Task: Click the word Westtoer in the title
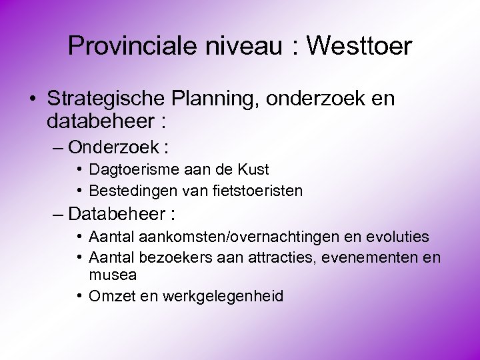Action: coord(361,46)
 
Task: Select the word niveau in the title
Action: coord(247,46)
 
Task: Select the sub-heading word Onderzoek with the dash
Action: coord(114,146)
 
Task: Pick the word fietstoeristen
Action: coord(263,191)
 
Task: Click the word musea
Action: coord(112,275)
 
